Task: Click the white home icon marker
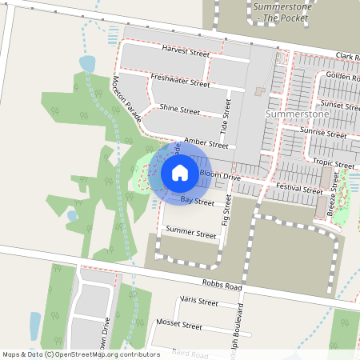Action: pyautogui.click(x=179, y=173)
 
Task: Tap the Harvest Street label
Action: pyautogui.click(x=185, y=53)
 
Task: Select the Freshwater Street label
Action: pyautogui.click(x=180, y=80)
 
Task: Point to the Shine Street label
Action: pyautogui.click(x=179, y=110)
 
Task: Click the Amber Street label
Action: pyautogui.click(x=206, y=142)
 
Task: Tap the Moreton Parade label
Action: pyautogui.click(x=127, y=100)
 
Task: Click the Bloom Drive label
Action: pyautogui.click(x=220, y=174)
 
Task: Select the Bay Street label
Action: pyautogui.click(x=197, y=202)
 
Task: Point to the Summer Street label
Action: pyautogui.click(x=190, y=235)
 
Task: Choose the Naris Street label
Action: pyautogui.click(x=198, y=302)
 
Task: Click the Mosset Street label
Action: pyautogui.click(x=181, y=326)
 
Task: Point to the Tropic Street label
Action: pyautogui.click(x=334, y=163)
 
